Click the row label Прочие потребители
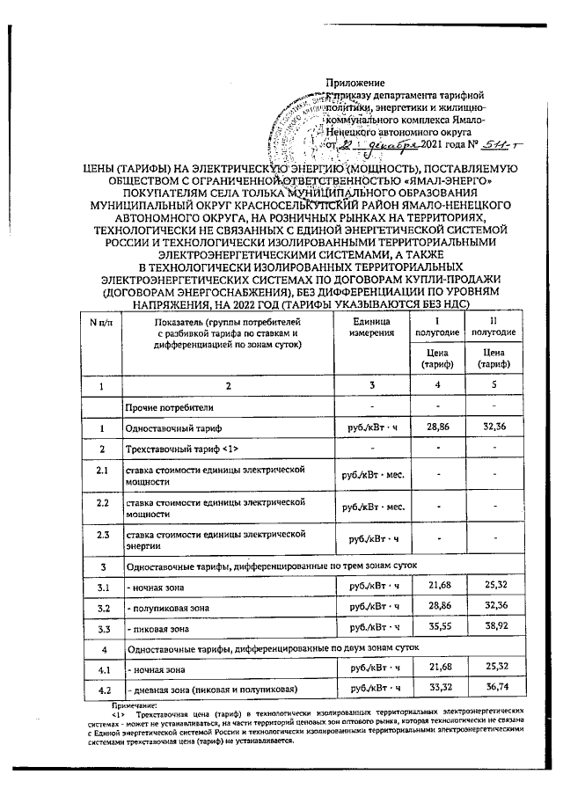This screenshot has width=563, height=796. tap(168, 407)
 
